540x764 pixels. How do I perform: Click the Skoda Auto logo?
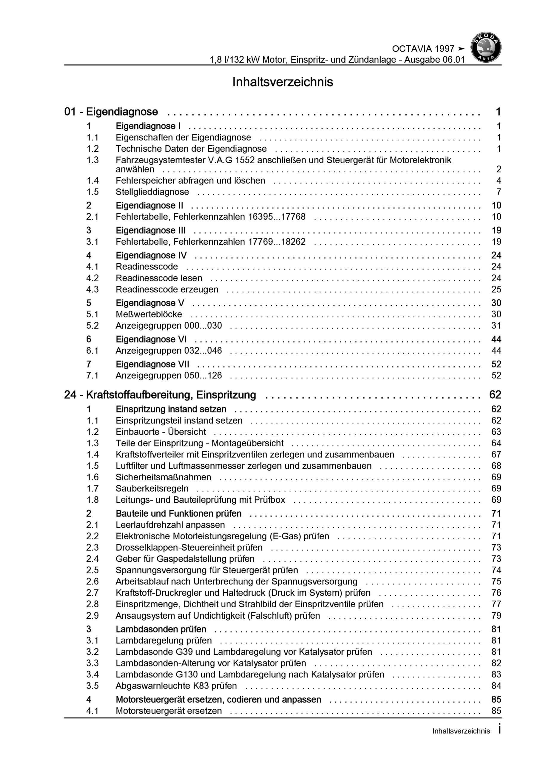[485, 47]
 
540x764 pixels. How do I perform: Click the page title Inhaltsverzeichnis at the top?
[282, 82]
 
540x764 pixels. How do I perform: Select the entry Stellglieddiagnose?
[152, 192]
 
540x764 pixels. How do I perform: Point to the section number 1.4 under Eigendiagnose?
[93, 181]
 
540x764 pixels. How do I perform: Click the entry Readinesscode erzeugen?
[167, 289]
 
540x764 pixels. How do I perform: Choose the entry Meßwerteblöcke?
[149, 315]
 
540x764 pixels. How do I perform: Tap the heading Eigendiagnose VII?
[153, 364]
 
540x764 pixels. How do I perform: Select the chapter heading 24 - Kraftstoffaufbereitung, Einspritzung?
[160, 395]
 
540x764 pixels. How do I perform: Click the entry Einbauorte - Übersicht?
[161, 432]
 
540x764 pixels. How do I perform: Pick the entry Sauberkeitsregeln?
[152, 489]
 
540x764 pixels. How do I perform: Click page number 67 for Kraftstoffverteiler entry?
[496, 455]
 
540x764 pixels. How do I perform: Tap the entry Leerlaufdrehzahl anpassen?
[170, 525]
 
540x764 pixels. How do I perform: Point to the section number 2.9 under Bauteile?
[93, 616]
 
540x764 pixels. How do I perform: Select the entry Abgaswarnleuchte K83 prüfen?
[176, 686]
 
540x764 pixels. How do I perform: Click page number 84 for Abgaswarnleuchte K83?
[496, 686]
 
